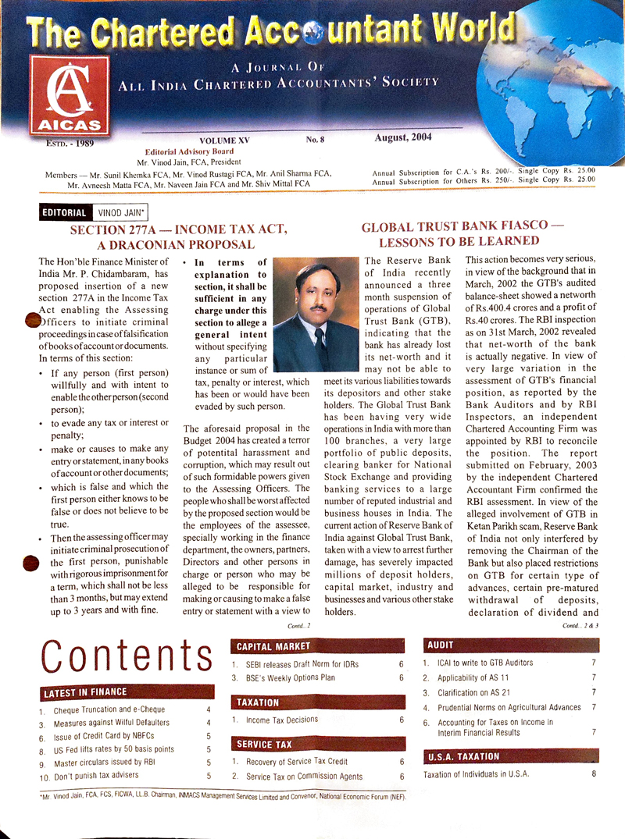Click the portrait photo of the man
[x=315, y=315]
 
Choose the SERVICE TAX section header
[x=265, y=744]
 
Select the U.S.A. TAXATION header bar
[x=463, y=756]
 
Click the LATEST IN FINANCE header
[x=87, y=692]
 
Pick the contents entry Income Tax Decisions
[x=282, y=720]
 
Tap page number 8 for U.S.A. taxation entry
[x=594, y=774]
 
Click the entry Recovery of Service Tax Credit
[x=297, y=761]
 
